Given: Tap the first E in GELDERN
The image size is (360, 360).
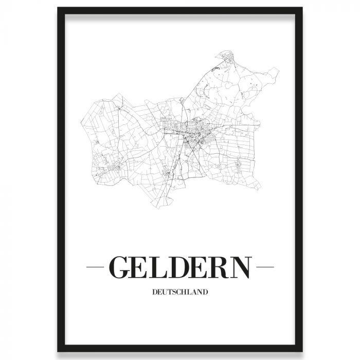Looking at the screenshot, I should pyautogui.click(x=142, y=267).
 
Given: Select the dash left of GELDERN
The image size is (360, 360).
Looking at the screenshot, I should pyautogui.click(x=96, y=267).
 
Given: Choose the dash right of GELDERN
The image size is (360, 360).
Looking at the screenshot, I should pyautogui.click(x=265, y=267).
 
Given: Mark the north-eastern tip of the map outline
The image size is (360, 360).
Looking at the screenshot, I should pyautogui.click(x=278, y=69).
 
